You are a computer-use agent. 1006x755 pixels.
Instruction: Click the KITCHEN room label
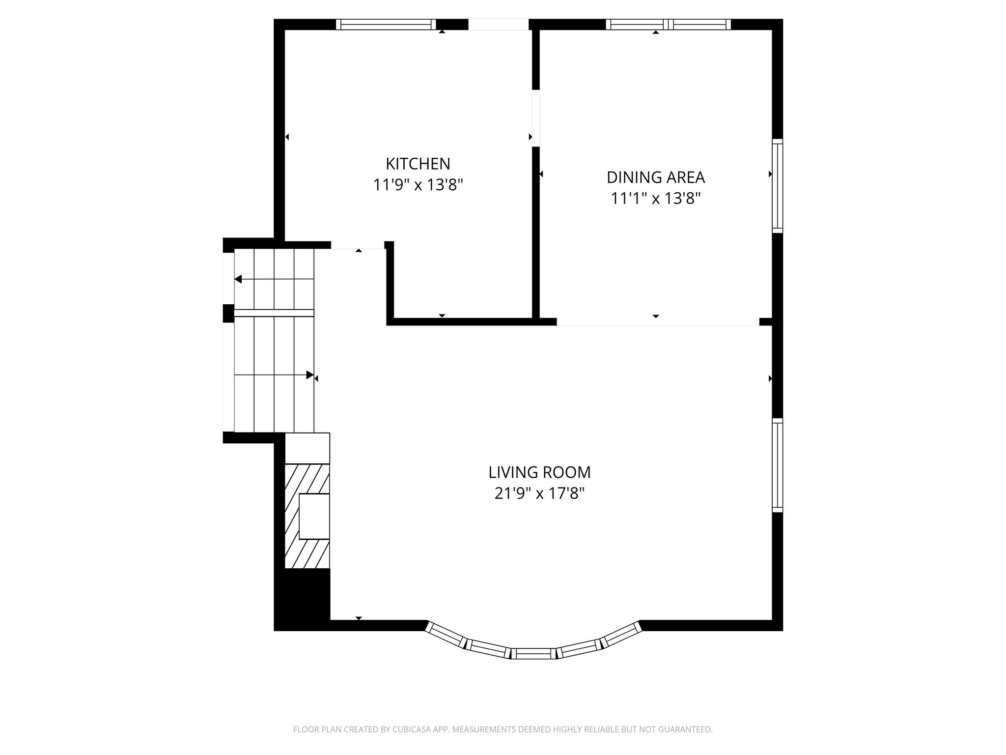[418, 163]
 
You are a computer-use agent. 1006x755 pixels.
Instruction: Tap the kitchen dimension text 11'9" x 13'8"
[418, 185]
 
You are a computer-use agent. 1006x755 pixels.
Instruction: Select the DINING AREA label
[655, 177]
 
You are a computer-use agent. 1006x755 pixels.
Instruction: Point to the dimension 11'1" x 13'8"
[655, 199]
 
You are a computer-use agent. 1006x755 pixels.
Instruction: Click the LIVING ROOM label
[539, 472]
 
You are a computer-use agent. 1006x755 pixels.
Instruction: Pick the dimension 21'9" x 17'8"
[539, 494]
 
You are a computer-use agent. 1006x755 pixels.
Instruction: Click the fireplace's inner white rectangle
[314, 516]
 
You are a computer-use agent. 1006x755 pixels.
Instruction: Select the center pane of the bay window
[533, 653]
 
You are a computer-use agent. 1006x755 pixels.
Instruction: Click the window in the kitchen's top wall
[386, 25]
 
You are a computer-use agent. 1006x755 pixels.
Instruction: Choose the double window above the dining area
[668, 25]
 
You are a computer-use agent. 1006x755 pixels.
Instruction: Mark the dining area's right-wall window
[777, 186]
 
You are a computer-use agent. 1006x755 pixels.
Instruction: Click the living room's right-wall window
[777, 465]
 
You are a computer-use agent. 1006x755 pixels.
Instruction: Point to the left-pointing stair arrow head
[238, 279]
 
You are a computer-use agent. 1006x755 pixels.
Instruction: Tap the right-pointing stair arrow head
[309, 375]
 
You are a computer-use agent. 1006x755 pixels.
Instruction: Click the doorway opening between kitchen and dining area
[536, 118]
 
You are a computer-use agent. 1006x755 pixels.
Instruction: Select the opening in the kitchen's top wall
[498, 25]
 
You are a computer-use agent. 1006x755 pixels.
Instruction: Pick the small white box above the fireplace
[307, 448]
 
